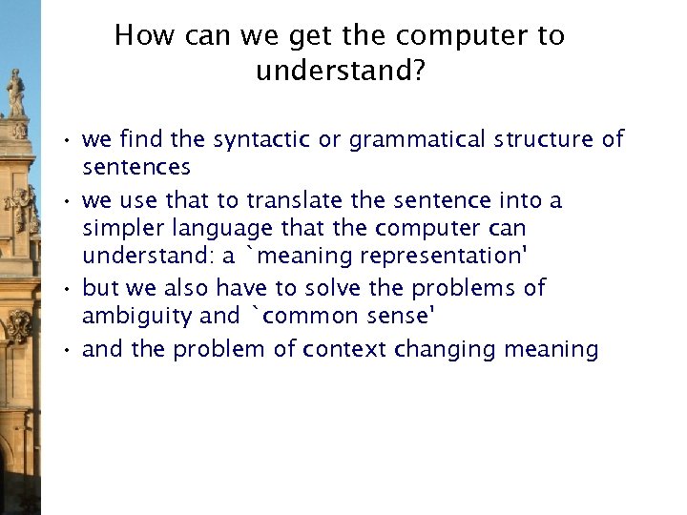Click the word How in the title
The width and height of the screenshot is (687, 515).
(142, 36)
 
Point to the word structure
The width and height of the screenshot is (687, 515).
(544, 139)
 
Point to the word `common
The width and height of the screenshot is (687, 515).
(290, 317)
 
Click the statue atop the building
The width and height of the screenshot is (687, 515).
(16, 93)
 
